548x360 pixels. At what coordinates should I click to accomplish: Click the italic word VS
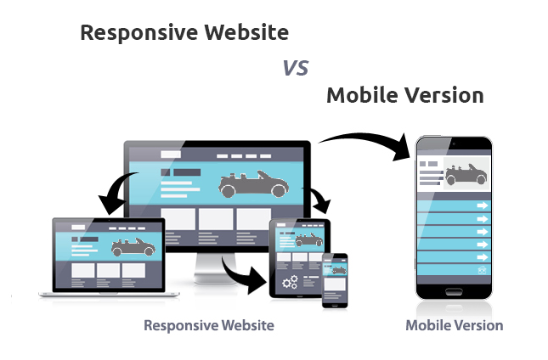click(x=296, y=68)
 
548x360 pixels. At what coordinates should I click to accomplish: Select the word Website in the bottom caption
click(x=248, y=325)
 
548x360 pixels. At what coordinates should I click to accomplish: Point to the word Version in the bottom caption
click(x=480, y=325)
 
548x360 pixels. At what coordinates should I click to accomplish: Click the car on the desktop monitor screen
click(x=253, y=184)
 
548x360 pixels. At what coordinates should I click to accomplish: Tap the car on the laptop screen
click(x=133, y=247)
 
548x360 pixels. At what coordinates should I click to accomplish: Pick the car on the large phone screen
click(x=466, y=175)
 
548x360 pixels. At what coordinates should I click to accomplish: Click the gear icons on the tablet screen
click(x=290, y=282)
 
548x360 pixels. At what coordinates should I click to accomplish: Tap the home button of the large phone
click(x=454, y=291)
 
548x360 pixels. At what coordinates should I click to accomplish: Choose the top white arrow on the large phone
click(x=483, y=205)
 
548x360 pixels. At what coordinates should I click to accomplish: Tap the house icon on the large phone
click(x=483, y=270)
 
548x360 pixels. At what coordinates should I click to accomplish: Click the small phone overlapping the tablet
click(x=335, y=281)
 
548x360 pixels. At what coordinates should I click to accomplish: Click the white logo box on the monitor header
click(x=171, y=155)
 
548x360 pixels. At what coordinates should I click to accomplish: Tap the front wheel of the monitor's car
click(x=280, y=191)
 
